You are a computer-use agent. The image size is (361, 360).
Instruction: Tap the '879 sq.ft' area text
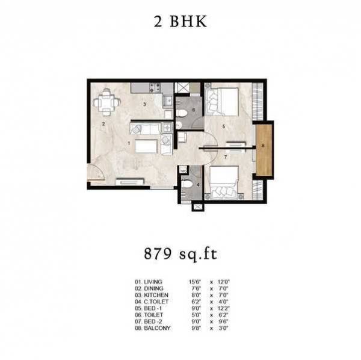[180, 253]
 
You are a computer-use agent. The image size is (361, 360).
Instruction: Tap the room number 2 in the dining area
[103, 124]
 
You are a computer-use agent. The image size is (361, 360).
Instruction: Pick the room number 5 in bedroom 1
[223, 126]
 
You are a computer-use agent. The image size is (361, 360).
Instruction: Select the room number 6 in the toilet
[194, 111]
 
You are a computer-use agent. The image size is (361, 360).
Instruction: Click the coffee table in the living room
[146, 146]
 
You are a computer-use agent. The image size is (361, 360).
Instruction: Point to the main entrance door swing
[95, 173]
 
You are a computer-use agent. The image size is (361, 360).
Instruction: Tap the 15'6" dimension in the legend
[195, 281]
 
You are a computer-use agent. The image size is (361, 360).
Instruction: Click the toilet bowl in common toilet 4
[188, 185]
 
